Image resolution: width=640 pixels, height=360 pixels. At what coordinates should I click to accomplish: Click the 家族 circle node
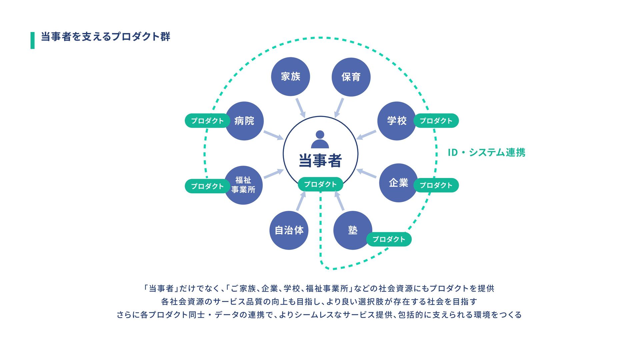(290, 77)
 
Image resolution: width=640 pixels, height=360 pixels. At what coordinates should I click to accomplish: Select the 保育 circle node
(351, 77)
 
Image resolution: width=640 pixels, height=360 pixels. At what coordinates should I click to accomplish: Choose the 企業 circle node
(398, 183)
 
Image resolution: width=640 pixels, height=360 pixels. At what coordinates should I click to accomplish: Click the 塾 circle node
(352, 230)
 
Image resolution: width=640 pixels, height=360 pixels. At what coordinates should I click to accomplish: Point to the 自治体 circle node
(289, 230)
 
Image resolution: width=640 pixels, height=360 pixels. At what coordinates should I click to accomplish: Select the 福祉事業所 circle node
(244, 185)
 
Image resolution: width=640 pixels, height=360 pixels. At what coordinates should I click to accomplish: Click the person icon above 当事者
(320, 139)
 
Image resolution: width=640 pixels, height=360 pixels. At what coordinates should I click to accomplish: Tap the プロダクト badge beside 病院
(207, 121)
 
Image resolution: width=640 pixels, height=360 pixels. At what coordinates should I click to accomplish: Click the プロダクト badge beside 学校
(436, 121)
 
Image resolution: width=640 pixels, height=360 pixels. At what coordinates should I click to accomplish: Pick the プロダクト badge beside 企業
(436, 185)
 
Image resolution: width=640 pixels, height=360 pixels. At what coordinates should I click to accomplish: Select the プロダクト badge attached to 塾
(389, 239)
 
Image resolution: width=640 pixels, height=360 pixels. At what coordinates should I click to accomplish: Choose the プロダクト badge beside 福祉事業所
(207, 186)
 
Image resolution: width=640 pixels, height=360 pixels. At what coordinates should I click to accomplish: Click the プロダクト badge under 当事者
(320, 184)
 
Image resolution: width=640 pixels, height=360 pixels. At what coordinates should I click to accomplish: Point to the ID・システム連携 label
(486, 152)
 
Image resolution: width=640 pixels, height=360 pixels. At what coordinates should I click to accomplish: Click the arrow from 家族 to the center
(300, 107)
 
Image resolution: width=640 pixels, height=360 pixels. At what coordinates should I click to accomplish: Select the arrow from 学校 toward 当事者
(366, 135)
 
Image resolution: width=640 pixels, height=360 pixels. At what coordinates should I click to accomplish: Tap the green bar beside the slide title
(33, 40)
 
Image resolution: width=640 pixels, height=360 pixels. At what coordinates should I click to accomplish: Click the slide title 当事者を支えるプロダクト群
(105, 36)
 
